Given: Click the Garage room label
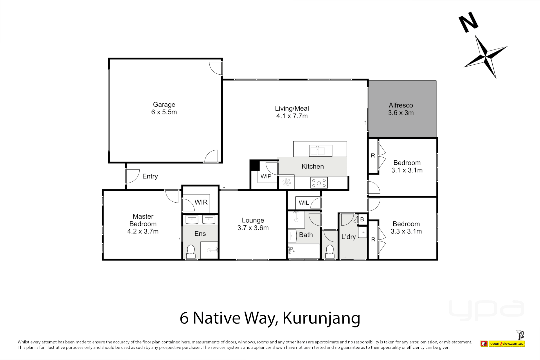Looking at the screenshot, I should click(x=164, y=105).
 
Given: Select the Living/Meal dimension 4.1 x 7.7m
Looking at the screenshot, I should click(x=292, y=116).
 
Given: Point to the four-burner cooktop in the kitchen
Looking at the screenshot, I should click(x=319, y=183).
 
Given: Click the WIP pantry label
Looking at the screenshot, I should click(x=266, y=176).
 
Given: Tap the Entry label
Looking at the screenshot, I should click(x=150, y=176).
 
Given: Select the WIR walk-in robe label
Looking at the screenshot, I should click(x=201, y=202).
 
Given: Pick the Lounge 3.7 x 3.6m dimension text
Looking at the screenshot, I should click(x=253, y=228).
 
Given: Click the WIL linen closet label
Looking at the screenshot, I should click(x=304, y=203).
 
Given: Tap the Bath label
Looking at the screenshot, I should click(x=306, y=235).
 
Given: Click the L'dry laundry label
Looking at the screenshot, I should click(x=348, y=237).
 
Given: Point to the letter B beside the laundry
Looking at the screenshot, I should click(x=362, y=219).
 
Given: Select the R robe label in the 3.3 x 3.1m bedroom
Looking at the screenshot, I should click(x=373, y=239).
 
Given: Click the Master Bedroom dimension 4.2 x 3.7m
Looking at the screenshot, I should click(x=143, y=231).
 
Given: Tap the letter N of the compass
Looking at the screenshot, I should click(x=468, y=22).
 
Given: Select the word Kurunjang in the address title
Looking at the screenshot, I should click(x=321, y=318).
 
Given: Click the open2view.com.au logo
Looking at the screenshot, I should click(x=507, y=344).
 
